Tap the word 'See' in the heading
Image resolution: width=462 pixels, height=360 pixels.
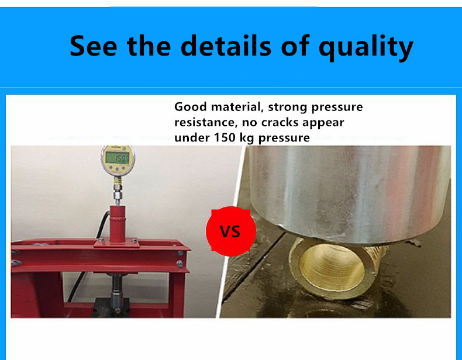point(93,46)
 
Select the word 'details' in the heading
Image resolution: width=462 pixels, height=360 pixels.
point(226,45)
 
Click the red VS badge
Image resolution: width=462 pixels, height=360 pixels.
point(230,231)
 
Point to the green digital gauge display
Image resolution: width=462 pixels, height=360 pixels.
point(118,158)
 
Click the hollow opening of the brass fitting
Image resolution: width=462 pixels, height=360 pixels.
point(332,266)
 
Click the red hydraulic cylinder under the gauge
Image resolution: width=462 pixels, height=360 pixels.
point(118,224)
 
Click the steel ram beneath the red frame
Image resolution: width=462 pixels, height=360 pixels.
point(117,292)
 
